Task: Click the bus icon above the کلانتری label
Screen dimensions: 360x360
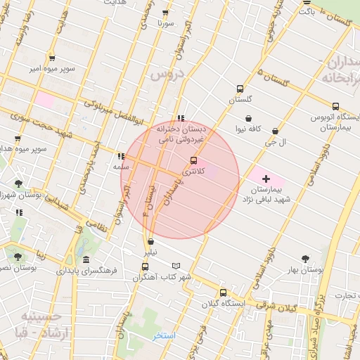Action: pos(194,160)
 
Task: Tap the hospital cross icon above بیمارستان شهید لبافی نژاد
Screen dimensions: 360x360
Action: pos(266,179)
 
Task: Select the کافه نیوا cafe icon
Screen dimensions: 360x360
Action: pos(248,118)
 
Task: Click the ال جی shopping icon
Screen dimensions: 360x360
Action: pos(274,131)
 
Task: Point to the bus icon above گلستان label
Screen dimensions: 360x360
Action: pos(240,89)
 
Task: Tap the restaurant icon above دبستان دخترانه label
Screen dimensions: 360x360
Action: pos(181,118)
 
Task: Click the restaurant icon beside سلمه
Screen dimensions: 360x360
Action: pos(121,156)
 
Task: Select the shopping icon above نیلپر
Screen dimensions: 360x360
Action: pos(150,241)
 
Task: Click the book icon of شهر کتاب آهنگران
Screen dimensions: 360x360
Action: pos(176,266)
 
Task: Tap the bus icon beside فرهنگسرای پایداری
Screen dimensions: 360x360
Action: pos(146,266)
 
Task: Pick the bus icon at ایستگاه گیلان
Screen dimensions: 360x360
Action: pos(223,292)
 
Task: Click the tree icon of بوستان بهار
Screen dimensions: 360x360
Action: pos(304,259)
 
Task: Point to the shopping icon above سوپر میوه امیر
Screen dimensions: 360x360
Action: pos(52,58)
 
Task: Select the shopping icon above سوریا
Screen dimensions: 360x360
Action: pos(165,13)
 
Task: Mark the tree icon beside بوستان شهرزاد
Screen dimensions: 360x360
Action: pos(18,184)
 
